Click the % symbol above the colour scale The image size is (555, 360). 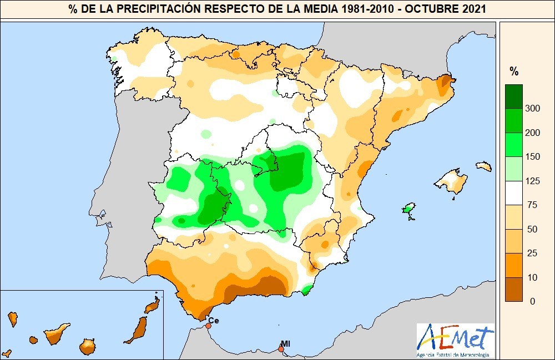click(514, 71)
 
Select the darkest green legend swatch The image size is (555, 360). click(513, 96)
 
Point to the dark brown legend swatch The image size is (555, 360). click(513, 289)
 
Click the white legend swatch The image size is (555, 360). click(513, 192)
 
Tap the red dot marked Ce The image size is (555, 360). click(208, 326)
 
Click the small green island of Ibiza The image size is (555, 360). click(408, 209)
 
